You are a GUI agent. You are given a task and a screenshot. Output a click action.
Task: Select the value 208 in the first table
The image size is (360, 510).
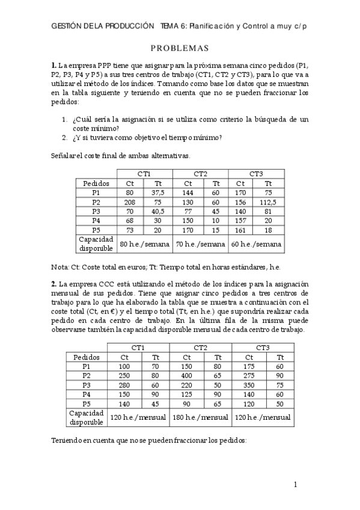[x=129, y=203]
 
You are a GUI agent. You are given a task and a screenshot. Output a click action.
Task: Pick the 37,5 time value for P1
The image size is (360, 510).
[x=158, y=193]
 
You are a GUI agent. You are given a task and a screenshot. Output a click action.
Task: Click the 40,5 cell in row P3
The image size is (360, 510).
[x=158, y=212]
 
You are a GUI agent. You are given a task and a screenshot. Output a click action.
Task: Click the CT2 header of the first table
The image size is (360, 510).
[x=201, y=174]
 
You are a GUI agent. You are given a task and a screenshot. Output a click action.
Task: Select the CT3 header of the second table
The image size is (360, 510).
[x=262, y=347]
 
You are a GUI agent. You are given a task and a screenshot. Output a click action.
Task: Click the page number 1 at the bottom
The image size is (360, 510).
[x=296, y=485]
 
